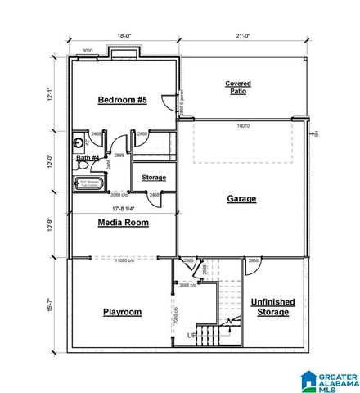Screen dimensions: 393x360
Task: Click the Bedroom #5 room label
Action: [x=122, y=100]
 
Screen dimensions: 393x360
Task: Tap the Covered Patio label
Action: [x=238, y=87]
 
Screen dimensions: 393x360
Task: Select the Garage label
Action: [x=241, y=198]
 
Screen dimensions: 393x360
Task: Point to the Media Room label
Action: [x=123, y=222]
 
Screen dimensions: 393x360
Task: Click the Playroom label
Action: [x=122, y=312]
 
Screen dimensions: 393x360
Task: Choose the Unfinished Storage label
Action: [x=272, y=307]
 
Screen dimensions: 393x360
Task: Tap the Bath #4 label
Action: [x=88, y=157]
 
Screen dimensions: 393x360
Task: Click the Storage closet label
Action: [x=154, y=178]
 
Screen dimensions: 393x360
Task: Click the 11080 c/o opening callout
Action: [x=124, y=260]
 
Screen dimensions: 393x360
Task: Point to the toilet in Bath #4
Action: [x=80, y=140]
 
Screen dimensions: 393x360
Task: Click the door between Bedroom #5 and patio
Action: [x=171, y=104]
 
